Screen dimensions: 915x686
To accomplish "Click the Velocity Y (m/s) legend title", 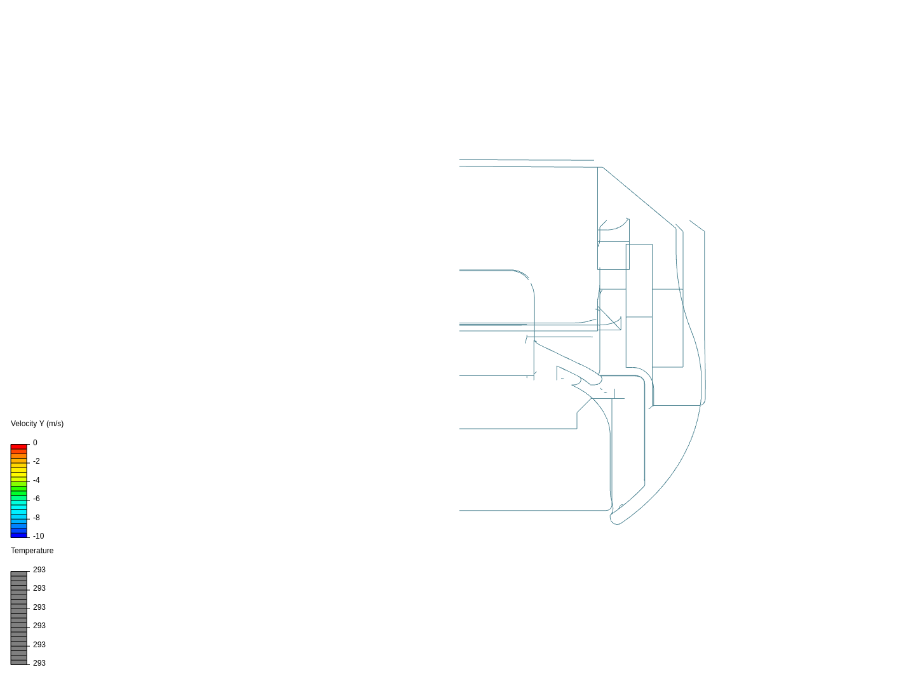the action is [37, 424].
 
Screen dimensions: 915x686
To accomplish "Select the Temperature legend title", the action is [32, 551].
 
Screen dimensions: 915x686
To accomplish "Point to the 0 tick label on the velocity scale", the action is [35, 443].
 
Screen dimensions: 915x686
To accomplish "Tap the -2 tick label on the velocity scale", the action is [36, 461].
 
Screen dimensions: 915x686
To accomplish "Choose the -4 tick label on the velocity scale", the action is [36, 480].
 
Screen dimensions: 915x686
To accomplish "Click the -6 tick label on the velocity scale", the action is [36, 499].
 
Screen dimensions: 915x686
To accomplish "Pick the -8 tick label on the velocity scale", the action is [36, 518].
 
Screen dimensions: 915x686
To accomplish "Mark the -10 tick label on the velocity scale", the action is [38, 536].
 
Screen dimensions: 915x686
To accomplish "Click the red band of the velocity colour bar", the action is [19, 447].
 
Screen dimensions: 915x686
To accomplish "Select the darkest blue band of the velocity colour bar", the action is [19, 535].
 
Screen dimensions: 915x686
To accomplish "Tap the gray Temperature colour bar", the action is [19, 617].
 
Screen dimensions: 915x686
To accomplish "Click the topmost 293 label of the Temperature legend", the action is [39, 570].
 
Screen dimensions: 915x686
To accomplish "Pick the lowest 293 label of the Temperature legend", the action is [39, 663].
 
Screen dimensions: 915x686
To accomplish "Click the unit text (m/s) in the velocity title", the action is [55, 424].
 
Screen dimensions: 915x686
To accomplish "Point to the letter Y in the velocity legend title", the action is [41, 424].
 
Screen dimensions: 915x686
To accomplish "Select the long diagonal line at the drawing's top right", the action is [639, 198].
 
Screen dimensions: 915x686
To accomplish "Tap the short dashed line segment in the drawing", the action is [603, 390].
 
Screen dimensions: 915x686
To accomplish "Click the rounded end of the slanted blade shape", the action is [596, 380].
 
